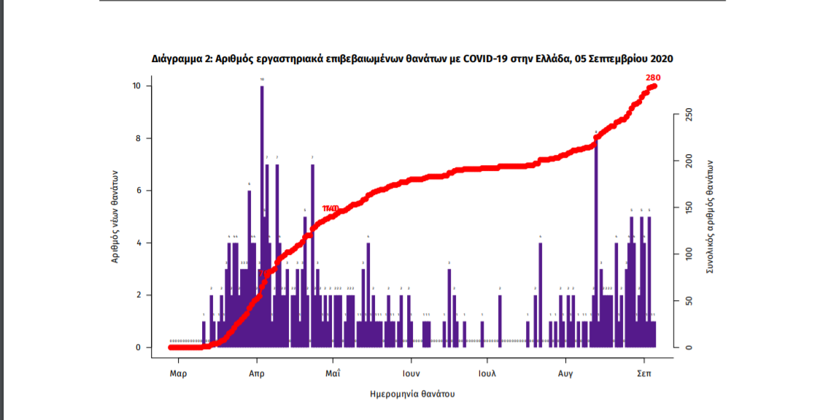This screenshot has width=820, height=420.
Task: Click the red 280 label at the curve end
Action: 653,78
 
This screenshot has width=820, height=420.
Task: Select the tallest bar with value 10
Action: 262,219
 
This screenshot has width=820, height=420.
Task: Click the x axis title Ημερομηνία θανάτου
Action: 413,394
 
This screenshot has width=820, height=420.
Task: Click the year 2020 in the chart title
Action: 660,58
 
